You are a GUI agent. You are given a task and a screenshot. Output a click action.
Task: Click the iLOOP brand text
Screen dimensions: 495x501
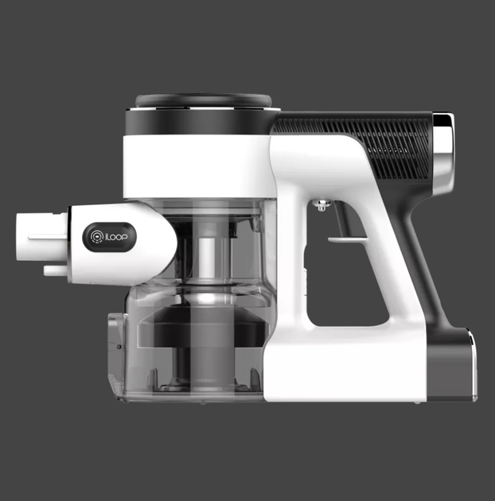coord(116,238)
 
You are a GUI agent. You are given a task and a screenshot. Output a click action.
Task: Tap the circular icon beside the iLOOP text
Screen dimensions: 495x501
coord(96,237)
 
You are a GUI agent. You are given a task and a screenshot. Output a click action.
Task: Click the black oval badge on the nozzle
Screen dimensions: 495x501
coord(109,238)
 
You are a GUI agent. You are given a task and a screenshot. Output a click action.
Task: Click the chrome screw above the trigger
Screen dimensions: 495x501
coord(322,205)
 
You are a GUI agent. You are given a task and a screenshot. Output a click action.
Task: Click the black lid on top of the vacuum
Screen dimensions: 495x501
coord(204,101)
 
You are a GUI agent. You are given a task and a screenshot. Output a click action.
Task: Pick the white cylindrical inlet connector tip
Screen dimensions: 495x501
coord(41,237)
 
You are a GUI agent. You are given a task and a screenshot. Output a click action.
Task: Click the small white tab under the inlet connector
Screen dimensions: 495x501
coord(56,270)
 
